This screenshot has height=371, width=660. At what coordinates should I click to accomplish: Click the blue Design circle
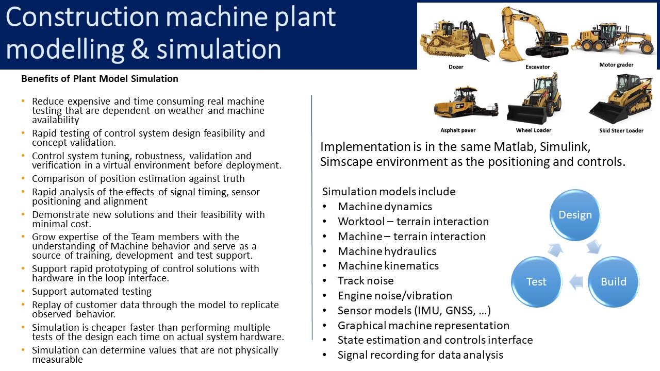pyautogui.click(x=575, y=215)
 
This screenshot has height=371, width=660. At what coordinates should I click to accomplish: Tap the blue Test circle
pyautogui.click(x=536, y=282)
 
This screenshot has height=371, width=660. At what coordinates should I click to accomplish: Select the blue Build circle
pyautogui.click(x=614, y=282)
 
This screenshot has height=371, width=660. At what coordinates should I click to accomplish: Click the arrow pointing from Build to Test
pyautogui.click(x=575, y=282)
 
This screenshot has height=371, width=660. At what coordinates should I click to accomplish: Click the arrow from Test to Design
pyautogui.click(x=555, y=250)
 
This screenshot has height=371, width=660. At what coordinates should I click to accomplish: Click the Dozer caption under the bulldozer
pyautogui.click(x=456, y=67)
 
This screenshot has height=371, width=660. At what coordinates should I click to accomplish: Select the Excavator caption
pyautogui.click(x=537, y=67)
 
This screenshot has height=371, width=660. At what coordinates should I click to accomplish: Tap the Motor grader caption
pyautogui.click(x=616, y=65)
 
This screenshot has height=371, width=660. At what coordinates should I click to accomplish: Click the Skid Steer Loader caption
pyautogui.click(x=621, y=130)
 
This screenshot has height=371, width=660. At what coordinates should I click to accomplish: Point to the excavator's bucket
pyautogui.click(x=509, y=53)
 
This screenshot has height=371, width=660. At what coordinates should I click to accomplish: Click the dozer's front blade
pyautogui.click(x=485, y=47)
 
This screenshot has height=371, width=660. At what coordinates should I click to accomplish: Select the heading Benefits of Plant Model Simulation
pyautogui.click(x=100, y=79)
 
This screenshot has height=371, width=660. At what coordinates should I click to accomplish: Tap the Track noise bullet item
pyautogui.click(x=366, y=281)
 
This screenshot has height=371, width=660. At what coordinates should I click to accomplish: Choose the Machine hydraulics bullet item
pyautogui.click(x=387, y=251)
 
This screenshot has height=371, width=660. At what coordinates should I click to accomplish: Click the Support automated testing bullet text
pyautogui.click(x=92, y=292)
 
